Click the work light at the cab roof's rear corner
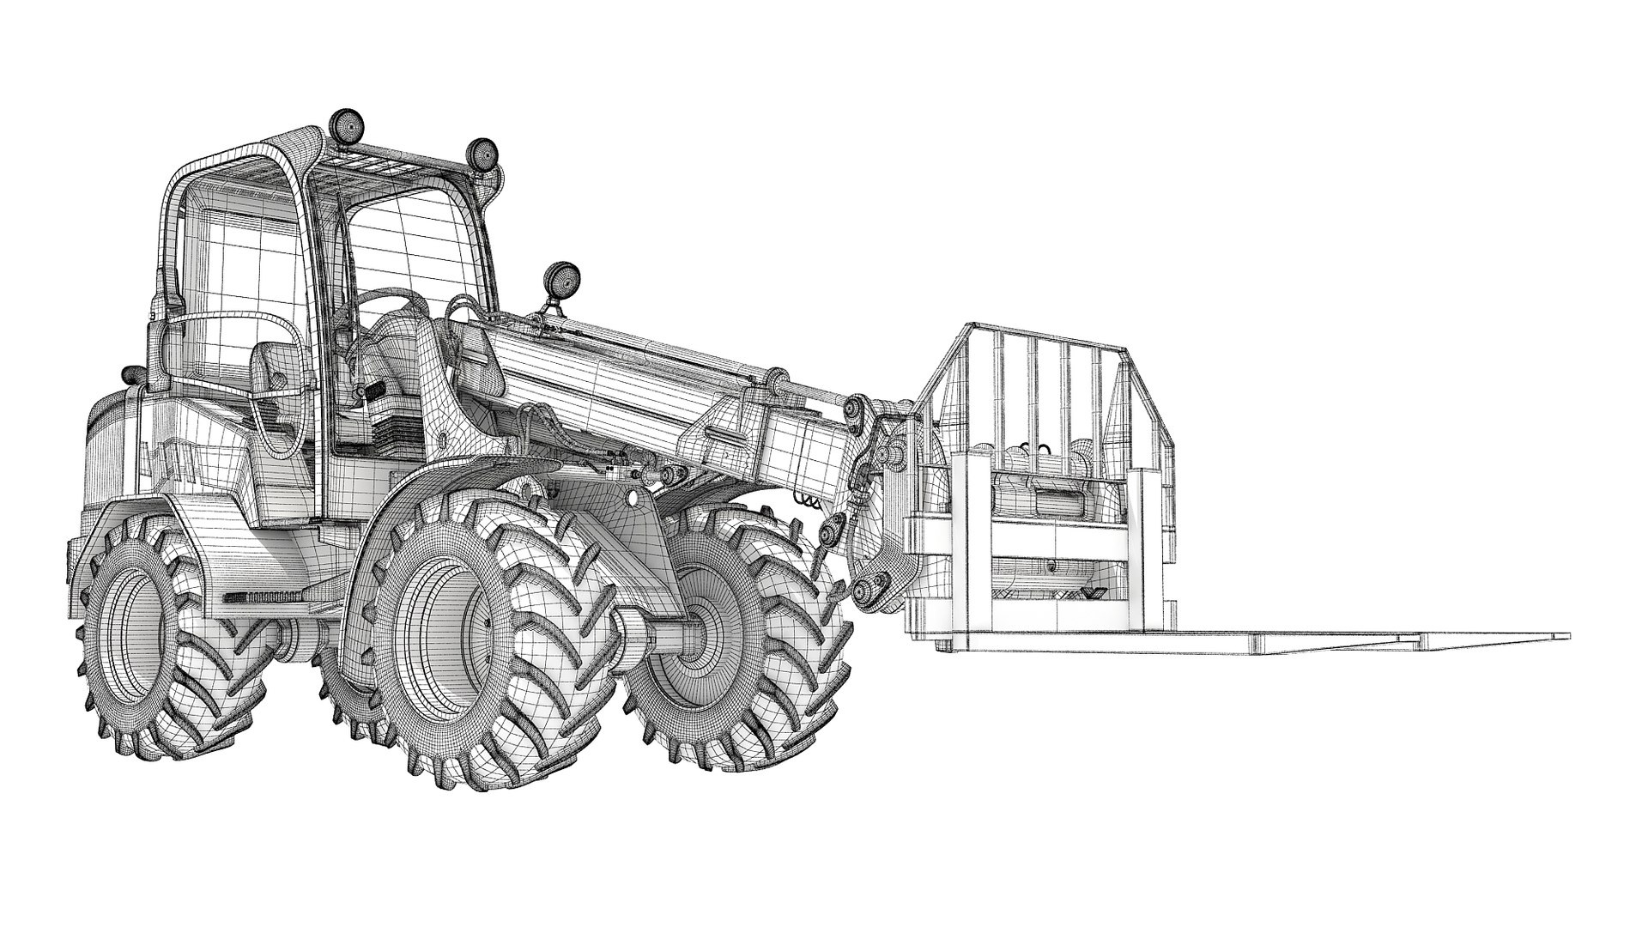tap(347, 124)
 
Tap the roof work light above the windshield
tap(482, 154)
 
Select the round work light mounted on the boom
tap(562, 279)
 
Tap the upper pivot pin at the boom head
tap(856, 407)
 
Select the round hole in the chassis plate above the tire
tap(633, 498)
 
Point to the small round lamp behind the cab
tap(130, 375)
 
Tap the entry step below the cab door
tap(257, 596)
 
